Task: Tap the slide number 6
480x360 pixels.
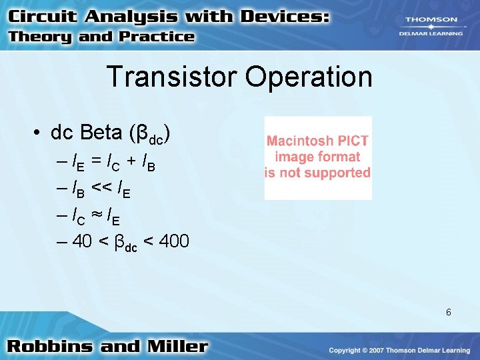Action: (x=449, y=312)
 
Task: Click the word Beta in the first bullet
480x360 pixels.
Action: (x=105, y=133)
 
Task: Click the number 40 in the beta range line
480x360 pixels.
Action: (x=82, y=241)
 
